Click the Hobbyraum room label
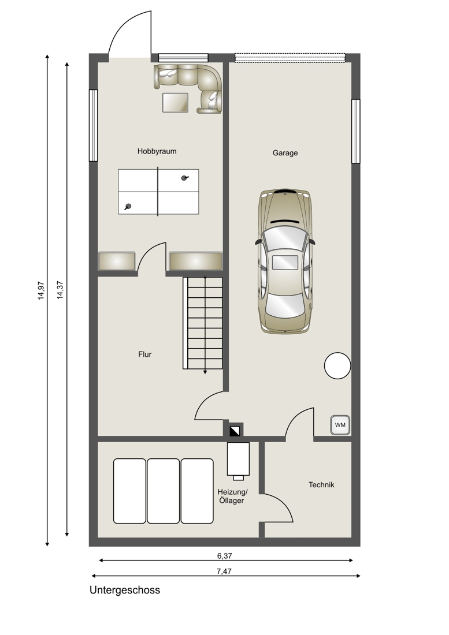point(157,151)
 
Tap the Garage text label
point(285,153)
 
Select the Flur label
point(144,354)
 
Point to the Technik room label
point(321,485)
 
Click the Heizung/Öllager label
point(232,496)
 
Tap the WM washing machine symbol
point(340,425)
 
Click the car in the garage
point(285,261)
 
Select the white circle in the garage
point(337,365)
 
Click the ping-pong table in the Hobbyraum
point(158,192)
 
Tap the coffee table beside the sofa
point(175,102)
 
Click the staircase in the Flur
point(203,323)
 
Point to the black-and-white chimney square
point(235,431)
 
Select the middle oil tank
point(164,491)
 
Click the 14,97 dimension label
point(41,290)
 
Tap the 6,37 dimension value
point(224,556)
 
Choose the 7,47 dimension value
point(224,571)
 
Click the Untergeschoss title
point(125,590)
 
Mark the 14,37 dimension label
point(60,290)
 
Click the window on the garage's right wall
point(355,131)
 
